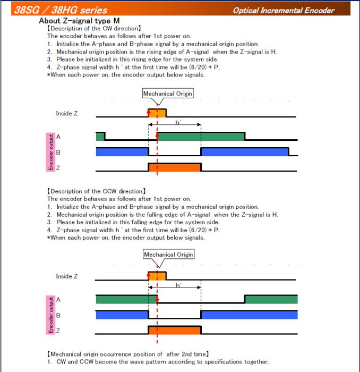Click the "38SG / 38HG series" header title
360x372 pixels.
pyautogui.click(x=61, y=10)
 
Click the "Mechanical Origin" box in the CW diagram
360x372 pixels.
pyautogui.click(x=167, y=94)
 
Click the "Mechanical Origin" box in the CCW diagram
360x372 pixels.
pyautogui.click(x=168, y=254)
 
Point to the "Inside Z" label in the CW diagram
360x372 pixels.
pyautogui.click(x=67, y=114)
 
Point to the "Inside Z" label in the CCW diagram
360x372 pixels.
pyautogui.click(x=67, y=276)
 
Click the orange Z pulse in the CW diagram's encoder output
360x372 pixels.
pyautogui.click(x=175, y=167)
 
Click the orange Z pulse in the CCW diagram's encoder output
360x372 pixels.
pyautogui.click(x=175, y=330)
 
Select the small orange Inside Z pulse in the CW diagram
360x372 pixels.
pyautogui.click(x=157, y=113)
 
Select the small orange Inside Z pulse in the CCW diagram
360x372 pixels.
pyautogui.click(x=157, y=275)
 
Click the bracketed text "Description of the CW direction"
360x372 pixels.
pyautogui.click(x=94, y=28)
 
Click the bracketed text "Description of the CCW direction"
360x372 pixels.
pyautogui.click(x=96, y=191)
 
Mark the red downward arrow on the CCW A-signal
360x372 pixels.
pyautogui.click(x=158, y=299)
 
